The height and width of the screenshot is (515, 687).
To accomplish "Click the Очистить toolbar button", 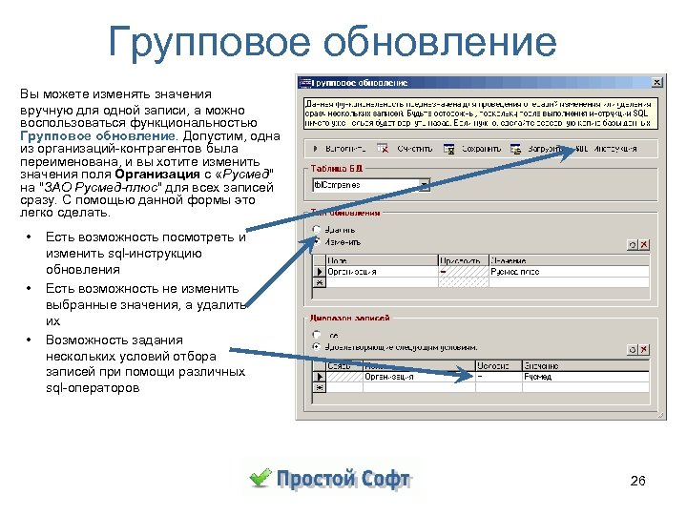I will (x=407, y=149).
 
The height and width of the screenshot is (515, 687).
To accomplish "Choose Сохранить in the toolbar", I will (x=474, y=149).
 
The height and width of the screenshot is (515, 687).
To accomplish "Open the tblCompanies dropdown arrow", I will (x=425, y=186).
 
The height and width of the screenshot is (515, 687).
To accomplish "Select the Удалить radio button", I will (x=316, y=230).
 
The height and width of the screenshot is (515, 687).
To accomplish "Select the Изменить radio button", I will (x=316, y=243).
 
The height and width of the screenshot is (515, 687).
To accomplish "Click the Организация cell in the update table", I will (x=381, y=272).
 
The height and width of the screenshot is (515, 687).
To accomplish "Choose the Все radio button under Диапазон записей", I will (x=316, y=335).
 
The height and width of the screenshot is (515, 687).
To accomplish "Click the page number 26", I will (x=638, y=482).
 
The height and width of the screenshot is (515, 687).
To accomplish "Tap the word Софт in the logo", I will (x=385, y=479).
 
